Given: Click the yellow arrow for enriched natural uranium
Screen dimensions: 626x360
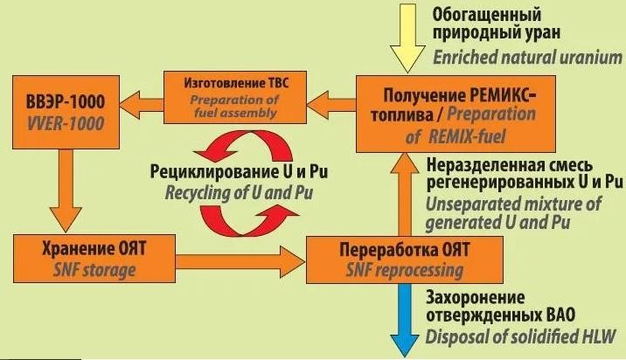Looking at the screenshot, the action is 407,37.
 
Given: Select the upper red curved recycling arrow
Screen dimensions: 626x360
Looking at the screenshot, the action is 243,147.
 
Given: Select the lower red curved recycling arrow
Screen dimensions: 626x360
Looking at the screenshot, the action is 248,219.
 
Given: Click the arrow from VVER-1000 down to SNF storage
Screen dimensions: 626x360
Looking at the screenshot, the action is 66,190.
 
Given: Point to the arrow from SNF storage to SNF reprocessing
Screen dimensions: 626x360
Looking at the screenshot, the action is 240,261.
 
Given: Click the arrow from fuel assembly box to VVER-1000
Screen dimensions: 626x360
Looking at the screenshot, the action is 142,104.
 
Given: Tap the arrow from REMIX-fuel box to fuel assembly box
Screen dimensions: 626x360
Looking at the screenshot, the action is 331,104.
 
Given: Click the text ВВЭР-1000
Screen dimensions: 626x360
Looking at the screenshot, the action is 66,101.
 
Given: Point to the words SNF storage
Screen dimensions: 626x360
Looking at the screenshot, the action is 94,271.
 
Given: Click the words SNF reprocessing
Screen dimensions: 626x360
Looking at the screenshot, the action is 405,271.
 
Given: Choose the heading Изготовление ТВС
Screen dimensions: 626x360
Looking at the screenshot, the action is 236,83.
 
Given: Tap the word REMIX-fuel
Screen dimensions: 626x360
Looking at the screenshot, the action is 467,137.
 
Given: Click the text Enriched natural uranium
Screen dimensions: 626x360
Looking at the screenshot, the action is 527,58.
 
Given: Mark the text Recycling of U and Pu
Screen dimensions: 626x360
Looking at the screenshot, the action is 239,193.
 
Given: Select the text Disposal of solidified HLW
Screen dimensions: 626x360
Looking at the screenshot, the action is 520,336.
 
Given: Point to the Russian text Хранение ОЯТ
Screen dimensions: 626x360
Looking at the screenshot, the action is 94,249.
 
